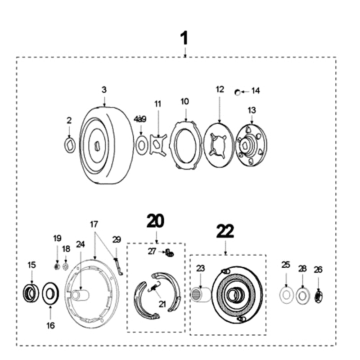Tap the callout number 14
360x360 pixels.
(x=255, y=91)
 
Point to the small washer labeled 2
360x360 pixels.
(x=70, y=145)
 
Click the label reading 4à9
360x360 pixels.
(x=140, y=119)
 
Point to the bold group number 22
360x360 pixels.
(x=225, y=231)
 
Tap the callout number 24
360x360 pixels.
(x=80, y=244)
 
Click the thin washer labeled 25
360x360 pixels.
(x=286, y=295)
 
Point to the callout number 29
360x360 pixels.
(x=117, y=240)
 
